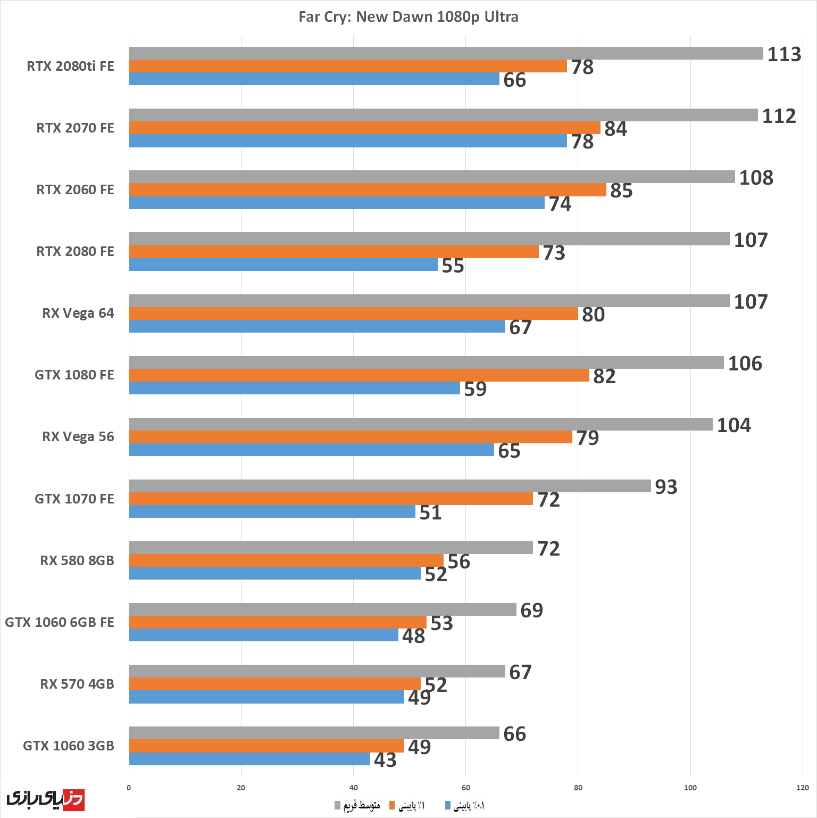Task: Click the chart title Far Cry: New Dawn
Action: tap(408, 17)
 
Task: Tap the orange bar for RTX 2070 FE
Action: tap(364, 128)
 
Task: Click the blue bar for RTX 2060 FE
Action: tap(337, 203)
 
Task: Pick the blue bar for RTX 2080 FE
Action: tap(283, 265)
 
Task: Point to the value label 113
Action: tap(784, 54)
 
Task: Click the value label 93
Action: tap(666, 487)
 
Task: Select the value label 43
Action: tap(385, 760)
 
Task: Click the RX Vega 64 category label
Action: tap(78, 313)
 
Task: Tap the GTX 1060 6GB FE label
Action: tap(60, 622)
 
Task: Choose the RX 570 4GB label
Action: tap(77, 684)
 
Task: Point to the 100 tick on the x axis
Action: tap(690, 788)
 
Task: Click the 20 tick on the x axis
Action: tap(241, 788)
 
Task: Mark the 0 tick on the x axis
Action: tap(129, 788)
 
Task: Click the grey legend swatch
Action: tap(337, 805)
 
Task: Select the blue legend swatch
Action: tap(448, 805)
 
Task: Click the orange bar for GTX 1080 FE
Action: tap(359, 375)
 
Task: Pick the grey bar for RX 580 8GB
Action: tap(331, 548)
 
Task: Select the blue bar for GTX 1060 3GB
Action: tap(249, 759)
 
